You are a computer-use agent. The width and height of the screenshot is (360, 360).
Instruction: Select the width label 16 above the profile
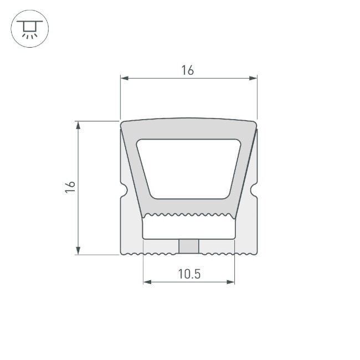(188, 70)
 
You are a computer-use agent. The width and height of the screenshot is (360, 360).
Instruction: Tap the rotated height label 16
(69, 187)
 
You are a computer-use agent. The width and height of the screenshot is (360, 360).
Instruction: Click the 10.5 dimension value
(189, 274)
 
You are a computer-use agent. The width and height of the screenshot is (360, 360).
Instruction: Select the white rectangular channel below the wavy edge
(189, 227)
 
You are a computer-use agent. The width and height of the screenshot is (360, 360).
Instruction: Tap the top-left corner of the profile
(122, 123)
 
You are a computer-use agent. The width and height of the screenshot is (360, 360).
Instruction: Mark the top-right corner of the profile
(256, 123)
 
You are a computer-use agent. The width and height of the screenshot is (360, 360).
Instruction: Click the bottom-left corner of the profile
(122, 254)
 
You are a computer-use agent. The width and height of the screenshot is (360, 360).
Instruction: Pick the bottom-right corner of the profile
(256, 254)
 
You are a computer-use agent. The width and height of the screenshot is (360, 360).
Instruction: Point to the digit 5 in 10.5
(197, 274)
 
